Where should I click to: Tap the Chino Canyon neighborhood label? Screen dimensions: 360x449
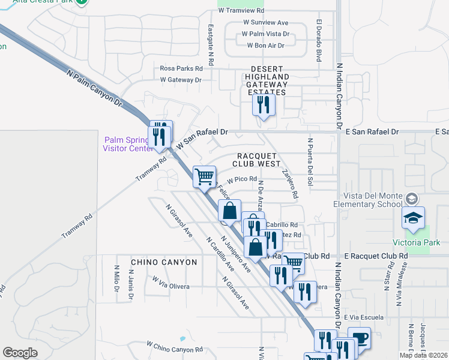tap(164, 262)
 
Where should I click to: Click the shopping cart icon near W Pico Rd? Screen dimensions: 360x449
tap(205, 176)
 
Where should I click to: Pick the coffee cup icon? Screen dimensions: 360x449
tap(359, 338)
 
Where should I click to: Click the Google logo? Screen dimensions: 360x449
tap(20, 352)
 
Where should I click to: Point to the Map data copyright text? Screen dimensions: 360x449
tap(424, 355)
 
